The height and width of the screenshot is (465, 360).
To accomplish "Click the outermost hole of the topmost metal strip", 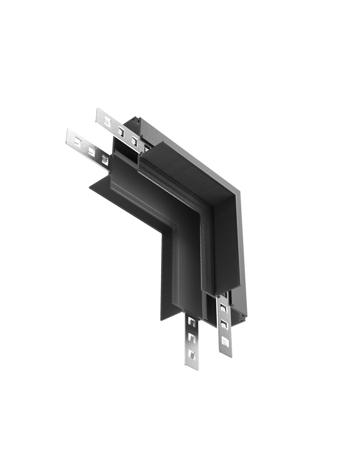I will (107, 122).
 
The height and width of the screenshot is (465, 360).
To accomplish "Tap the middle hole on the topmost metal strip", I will (121, 131).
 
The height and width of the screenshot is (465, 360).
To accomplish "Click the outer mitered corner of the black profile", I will (240, 191).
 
